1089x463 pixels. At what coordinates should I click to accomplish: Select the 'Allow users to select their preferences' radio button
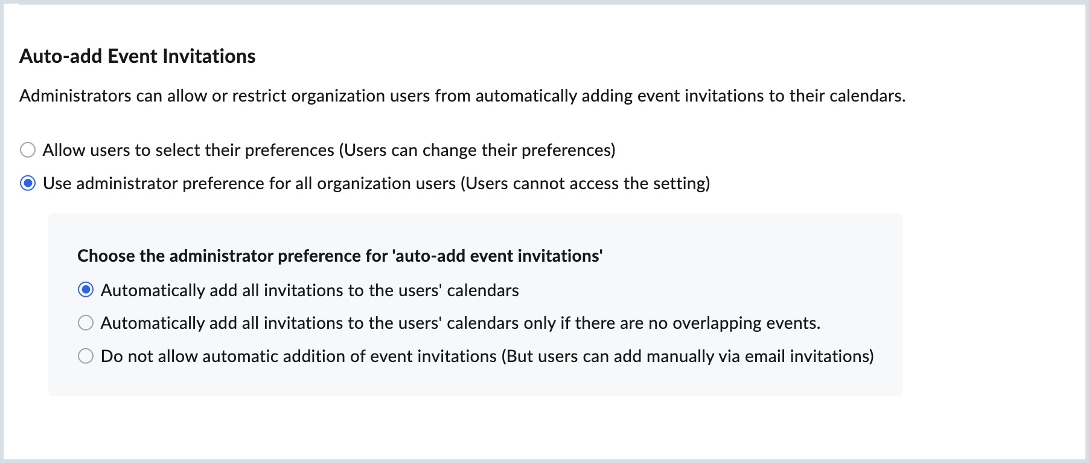click(28, 150)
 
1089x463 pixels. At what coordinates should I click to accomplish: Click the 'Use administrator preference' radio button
click(28, 183)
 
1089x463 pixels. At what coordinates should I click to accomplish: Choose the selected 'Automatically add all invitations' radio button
click(86, 290)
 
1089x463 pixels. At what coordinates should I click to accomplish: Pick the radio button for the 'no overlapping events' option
click(86, 323)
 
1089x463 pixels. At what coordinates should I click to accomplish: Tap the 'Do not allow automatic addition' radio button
click(86, 356)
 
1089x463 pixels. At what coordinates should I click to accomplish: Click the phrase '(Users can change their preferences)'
click(477, 150)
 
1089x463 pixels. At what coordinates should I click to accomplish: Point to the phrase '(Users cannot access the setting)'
click(585, 183)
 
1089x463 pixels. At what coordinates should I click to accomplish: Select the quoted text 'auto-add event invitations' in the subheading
click(497, 256)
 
